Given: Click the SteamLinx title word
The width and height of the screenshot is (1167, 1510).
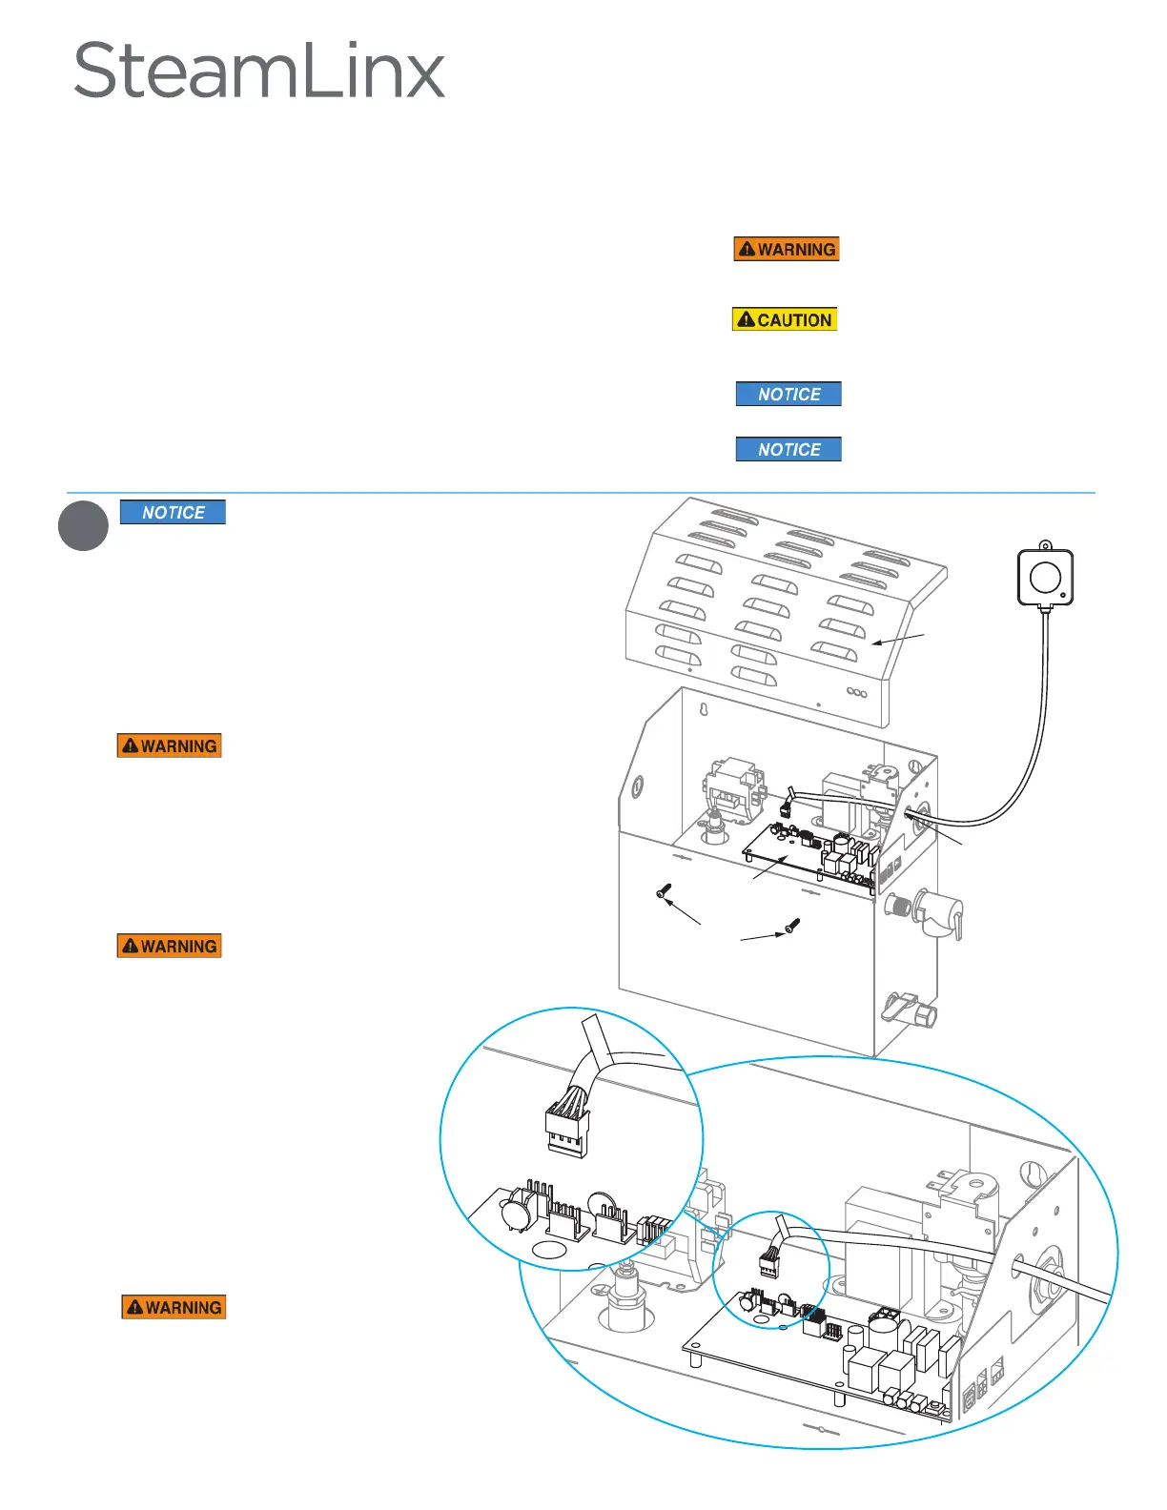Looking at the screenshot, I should tap(258, 71).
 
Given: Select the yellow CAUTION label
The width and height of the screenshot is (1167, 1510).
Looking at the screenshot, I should tap(785, 319).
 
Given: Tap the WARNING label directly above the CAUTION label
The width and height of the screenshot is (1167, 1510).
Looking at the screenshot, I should tap(787, 249).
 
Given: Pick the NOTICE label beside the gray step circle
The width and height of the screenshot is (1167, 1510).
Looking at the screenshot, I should tap(173, 512).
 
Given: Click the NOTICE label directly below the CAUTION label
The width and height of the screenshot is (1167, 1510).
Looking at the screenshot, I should tap(788, 394).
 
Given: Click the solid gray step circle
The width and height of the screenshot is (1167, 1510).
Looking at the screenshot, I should tap(83, 525).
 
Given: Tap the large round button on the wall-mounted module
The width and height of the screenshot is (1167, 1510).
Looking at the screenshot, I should tap(1045, 576).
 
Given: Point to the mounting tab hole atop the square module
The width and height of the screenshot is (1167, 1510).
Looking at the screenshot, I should tap(1045, 546).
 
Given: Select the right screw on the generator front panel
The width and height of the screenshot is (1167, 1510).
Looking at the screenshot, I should tap(792, 925).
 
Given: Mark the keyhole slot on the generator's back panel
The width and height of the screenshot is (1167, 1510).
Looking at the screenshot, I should tap(703, 711).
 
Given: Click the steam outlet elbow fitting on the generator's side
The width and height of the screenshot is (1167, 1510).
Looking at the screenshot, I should tap(939, 912).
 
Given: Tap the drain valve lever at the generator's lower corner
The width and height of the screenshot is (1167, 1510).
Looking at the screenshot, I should tap(902, 1007).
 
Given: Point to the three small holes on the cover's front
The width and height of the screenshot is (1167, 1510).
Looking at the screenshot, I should tap(857, 693).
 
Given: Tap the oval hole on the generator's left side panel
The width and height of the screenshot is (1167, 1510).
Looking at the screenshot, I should tap(638, 788).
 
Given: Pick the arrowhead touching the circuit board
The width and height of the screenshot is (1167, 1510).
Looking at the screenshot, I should tap(785, 858).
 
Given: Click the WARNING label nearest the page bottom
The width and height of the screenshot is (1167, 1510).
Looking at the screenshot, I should tap(174, 1306).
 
